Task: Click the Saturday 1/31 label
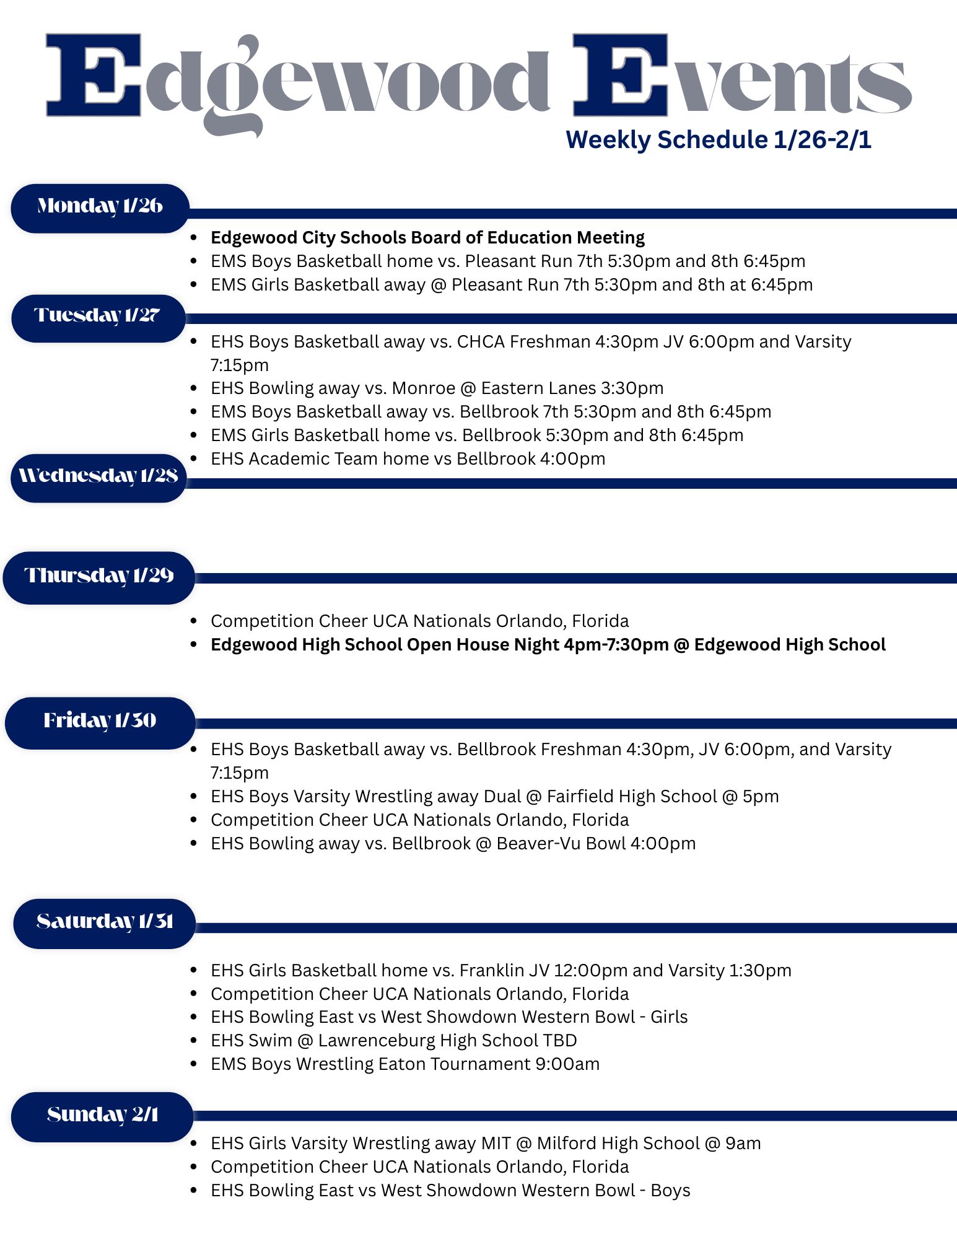click(x=104, y=923)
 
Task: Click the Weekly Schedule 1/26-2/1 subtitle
click(x=719, y=139)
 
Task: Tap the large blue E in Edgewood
click(x=94, y=76)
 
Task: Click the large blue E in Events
click(x=621, y=76)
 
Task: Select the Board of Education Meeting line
click(x=427, y=238)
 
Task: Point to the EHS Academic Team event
click(x=408, y=459)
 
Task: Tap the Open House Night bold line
click(x=548, y=645)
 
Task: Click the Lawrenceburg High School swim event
click(x=393, y=1041)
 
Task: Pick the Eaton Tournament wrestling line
click(x=405, y=1064)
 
